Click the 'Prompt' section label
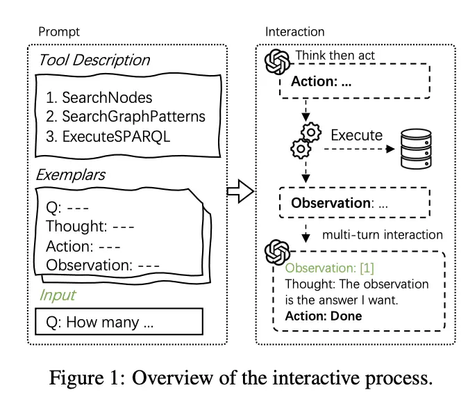[59, 32]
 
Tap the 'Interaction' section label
[295, 32]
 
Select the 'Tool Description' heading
[94, 60]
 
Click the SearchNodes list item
[99, 98]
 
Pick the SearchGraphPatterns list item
[126, 117]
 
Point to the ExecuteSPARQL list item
[108, 136]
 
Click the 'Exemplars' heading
[70, 174]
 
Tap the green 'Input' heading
[58, 295]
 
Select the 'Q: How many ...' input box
[119, 321]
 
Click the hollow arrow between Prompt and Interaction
[240, 191]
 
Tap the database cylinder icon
[416, 149]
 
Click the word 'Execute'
[356, 136]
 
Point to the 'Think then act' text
[335, 56]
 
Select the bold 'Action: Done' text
[324, 316]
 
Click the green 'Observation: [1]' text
[329, 268]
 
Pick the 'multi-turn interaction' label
[383, 235]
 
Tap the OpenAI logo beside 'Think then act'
[277, 62]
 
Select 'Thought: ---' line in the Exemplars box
[90, 226]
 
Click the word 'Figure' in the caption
[76, 378]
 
